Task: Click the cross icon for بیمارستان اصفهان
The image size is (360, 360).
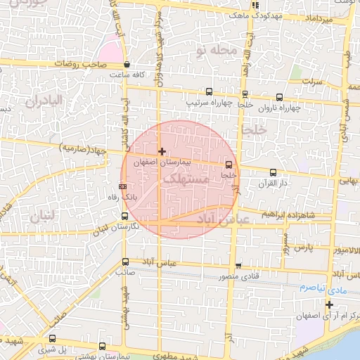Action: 162,151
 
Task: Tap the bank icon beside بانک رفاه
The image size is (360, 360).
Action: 124,187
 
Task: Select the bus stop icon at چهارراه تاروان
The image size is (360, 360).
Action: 280,98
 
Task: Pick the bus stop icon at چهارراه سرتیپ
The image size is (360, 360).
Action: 208,91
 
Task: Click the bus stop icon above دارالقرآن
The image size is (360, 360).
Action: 273,172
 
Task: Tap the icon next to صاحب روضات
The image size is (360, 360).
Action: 126,64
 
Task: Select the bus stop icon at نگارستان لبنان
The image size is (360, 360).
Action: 124,217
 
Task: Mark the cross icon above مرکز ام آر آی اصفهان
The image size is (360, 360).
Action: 329,304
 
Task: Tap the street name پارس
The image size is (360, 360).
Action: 302,248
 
